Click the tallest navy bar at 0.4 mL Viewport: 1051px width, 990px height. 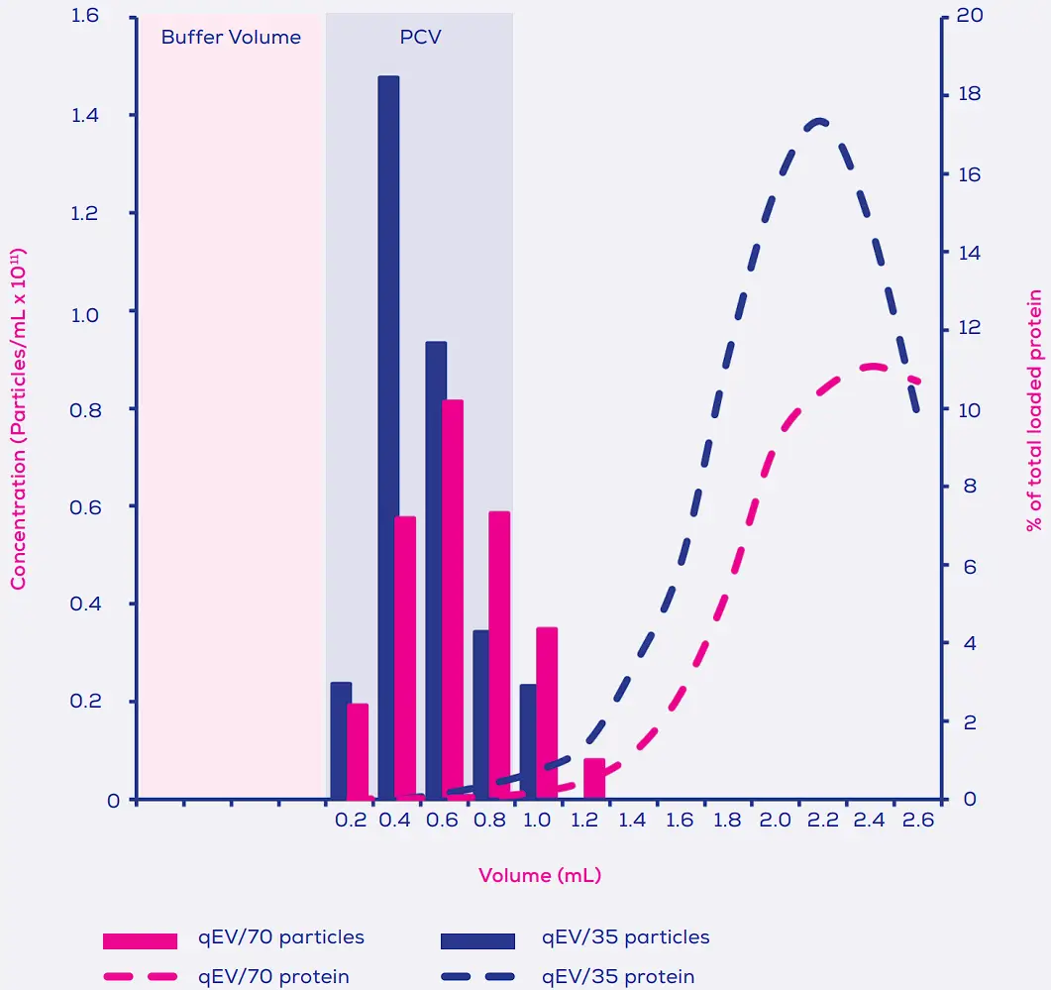point(388,436)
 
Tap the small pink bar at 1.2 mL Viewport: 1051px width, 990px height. point(594,779)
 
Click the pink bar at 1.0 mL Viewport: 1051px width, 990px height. point(547,713)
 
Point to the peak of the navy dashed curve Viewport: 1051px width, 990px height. point(819,121)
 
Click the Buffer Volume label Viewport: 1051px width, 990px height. point(231,38)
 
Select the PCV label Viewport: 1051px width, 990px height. point(420,38)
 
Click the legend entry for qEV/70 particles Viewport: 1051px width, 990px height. point(281,936)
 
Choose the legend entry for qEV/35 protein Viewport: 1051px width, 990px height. point(617,976)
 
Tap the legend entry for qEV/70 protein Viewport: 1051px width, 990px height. point(273,976)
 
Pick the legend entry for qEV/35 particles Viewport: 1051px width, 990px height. point(625,936)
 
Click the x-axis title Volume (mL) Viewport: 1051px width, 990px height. point(540,875)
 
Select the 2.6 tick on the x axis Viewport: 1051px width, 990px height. point(918,821)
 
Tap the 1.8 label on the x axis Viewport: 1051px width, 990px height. point(727,821)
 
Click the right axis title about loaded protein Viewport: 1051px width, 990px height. point(1035,410)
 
